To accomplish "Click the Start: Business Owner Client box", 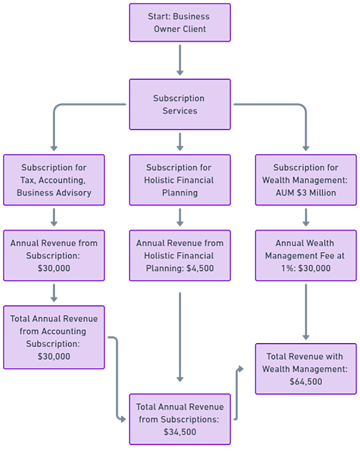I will click(x=180, y=23).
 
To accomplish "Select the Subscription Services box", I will click(x=180, y=104).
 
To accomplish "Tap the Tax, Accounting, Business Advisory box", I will click(x=54, y=179).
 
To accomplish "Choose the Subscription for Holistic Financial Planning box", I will click(x=180, y=179).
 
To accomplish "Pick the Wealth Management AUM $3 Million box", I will click(x=306, y=179).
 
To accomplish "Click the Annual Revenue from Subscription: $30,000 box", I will click(x=54, y=255).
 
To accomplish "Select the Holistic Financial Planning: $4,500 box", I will click(x=180, y=255).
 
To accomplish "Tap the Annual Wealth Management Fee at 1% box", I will click(x=306, y=255).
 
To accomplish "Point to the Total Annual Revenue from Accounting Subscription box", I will click(x=54, y=337).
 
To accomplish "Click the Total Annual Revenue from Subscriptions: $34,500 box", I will click(x=180, y=419).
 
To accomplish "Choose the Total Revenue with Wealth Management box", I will click(x=306, y=369).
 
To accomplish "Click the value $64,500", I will click(x=306, y=381).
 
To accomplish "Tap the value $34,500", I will click(x=180, y=432).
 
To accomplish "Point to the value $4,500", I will click(x=201, y=268).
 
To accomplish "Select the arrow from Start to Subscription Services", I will click(x=180, y=59).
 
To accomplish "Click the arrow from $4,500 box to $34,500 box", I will click(x=180, y=336).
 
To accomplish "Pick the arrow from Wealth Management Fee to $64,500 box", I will click(x=306, y=310).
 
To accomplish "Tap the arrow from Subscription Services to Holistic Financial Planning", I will click(x=180, y=142).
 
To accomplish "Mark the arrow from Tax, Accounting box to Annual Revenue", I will click(x=54, y=217).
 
